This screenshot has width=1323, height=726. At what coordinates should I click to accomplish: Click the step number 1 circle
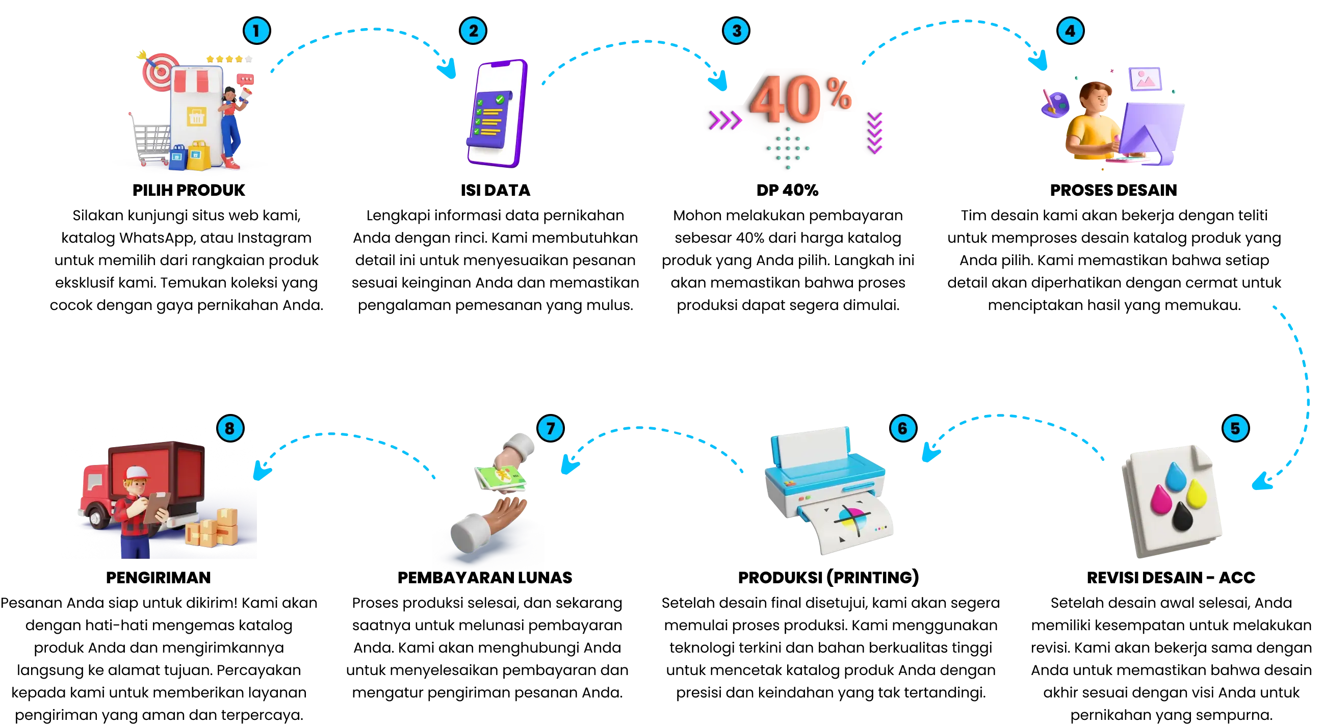coord(257,31)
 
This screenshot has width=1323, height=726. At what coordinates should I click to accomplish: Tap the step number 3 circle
coord(736,31)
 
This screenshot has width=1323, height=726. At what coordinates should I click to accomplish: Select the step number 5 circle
coord(1235,428)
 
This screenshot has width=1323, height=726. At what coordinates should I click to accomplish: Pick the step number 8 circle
coord(230,428)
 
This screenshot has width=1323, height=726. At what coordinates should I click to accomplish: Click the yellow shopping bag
coord(198,156)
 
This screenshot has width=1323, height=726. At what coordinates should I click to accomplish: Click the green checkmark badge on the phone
coord(499,98)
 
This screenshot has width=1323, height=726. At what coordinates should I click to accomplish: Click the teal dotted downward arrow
coord(786,149)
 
